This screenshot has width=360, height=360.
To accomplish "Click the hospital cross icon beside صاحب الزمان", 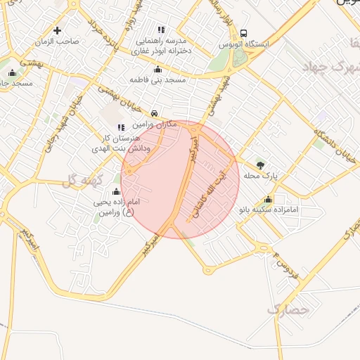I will pos(57,30).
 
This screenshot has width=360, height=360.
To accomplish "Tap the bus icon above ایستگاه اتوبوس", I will pos(243,33).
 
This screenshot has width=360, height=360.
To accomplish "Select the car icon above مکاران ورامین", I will pos(154,112).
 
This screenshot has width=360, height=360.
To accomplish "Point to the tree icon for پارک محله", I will pos(261,165).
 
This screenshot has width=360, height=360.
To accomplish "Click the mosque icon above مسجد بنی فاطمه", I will pos(157,69).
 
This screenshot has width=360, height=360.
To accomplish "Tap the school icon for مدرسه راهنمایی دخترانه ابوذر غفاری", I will pos(161,30).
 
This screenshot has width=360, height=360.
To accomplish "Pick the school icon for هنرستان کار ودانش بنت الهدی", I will pos(121,127).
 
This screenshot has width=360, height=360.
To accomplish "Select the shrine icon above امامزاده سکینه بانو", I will pos(268,199).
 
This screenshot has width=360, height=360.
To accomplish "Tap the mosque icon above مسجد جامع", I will pos(12,72).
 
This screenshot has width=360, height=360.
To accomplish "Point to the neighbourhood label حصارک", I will pos(288,308).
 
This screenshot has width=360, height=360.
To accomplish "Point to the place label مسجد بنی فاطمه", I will pos(157,80).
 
